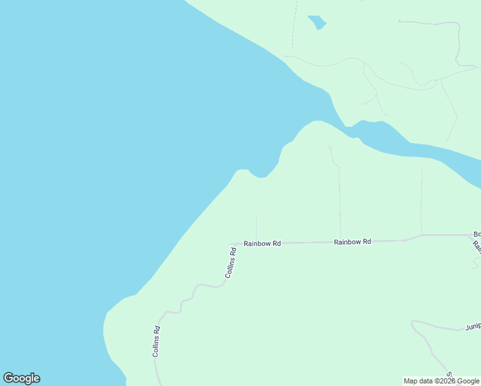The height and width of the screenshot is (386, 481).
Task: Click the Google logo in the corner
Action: [22, 378]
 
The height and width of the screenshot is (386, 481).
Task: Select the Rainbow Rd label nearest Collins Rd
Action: [262, 244]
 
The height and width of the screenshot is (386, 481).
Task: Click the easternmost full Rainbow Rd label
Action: [352, 242]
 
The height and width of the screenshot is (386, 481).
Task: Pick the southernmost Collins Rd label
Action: [156, 342]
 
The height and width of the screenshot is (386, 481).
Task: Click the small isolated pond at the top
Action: [317, 23]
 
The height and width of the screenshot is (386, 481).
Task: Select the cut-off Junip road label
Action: [473, 327]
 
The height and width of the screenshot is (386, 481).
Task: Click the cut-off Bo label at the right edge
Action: [476, 234]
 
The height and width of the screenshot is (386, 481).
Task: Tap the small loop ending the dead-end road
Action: [330, 147]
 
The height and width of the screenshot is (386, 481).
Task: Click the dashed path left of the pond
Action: [295, 26]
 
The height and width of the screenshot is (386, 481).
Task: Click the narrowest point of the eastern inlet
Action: [350, 132]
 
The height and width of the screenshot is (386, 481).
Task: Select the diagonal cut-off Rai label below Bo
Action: [476, 245]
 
